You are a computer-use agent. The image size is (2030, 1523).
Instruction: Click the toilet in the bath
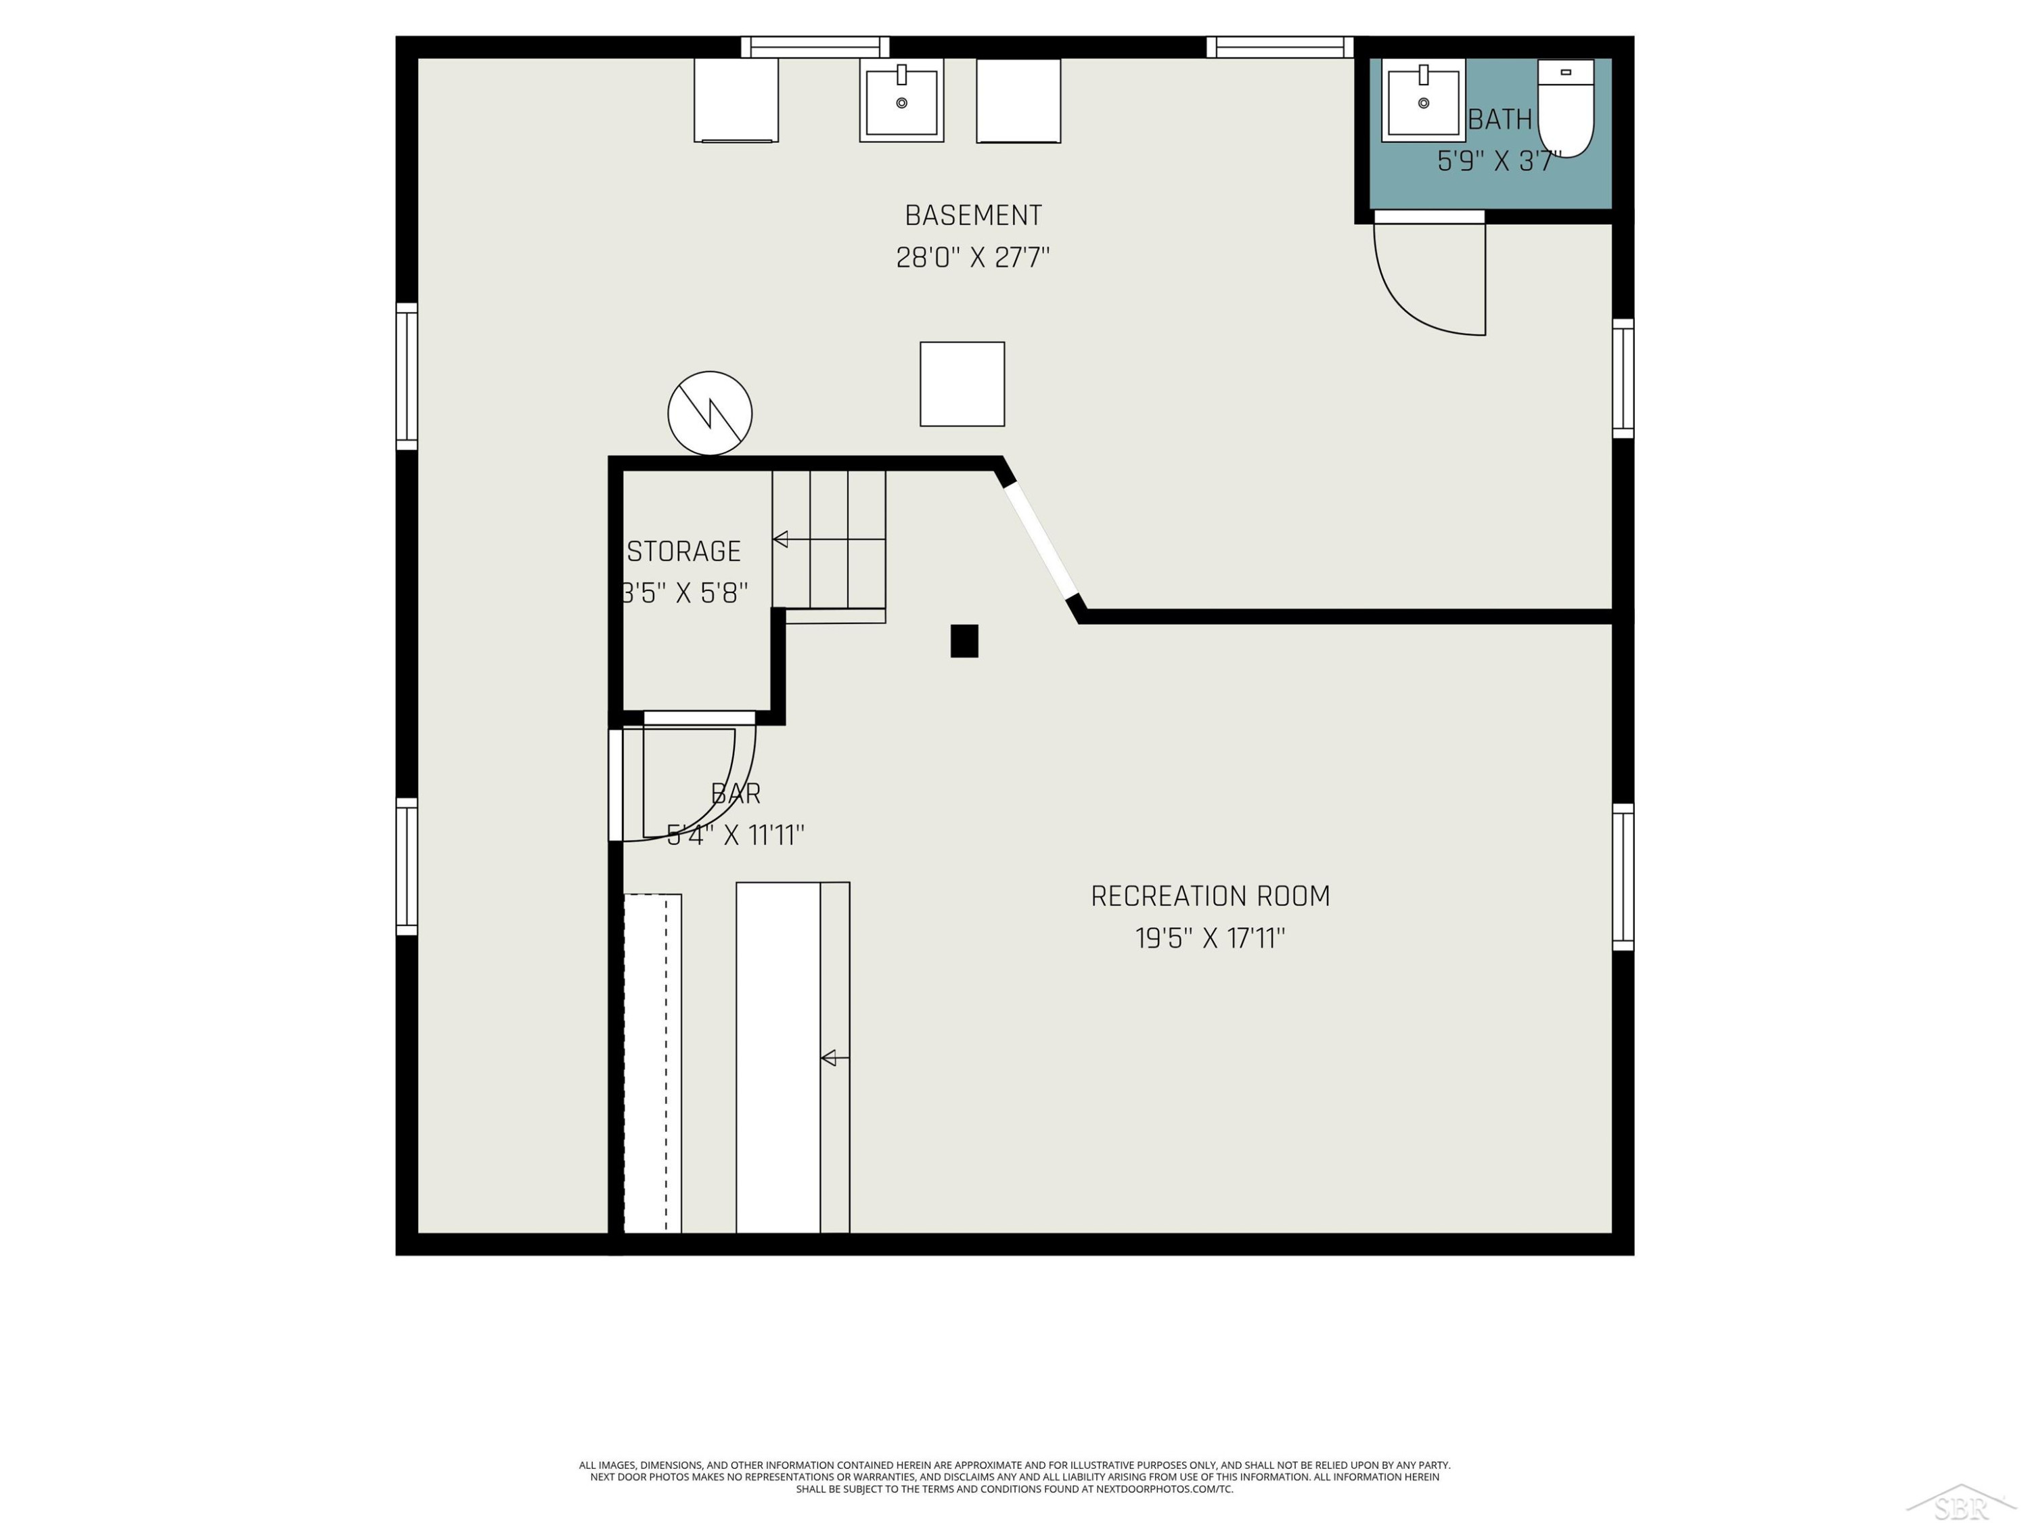(x=1566, y=108)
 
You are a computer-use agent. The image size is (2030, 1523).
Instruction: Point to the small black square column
(x=964, y=641)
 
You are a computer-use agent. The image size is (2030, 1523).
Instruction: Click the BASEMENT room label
(x=974, y=216)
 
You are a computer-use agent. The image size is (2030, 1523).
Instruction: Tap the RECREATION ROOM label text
(x=1211, y=896)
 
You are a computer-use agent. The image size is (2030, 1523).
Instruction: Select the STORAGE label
(x=683, y=551)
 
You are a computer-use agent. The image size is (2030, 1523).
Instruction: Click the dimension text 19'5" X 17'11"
(x=1211, y=938)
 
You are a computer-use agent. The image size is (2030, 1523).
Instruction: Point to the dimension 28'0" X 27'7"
(x=973, y=257)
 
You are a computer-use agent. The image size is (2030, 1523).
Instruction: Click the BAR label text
(x=736, y=793)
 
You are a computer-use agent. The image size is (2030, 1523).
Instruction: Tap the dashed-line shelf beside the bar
(x=652, y=1063)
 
